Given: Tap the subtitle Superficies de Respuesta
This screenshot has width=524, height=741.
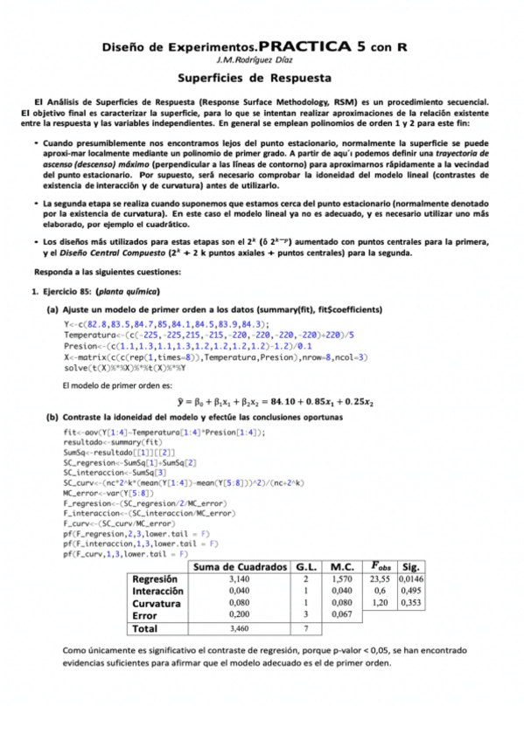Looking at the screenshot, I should [x=262, y=77].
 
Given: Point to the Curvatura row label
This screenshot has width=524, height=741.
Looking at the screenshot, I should [x=156, y=603].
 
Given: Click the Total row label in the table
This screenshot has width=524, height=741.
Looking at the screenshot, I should [x=144, y=628].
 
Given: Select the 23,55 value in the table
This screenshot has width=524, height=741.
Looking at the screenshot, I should [x=379, y=578].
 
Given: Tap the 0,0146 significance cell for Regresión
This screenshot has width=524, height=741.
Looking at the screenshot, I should [x=410, y=578].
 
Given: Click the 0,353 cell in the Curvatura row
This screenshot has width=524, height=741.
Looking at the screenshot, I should [x=410, y=603].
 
